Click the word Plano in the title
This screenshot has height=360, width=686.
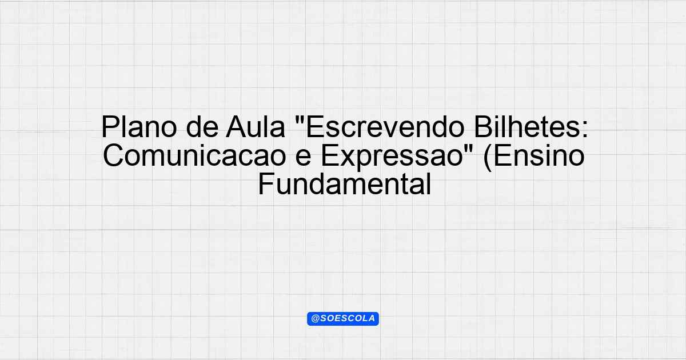pyautogui.click(x=139, y=127)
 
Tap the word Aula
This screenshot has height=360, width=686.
pyautogui.click(x=256, y=127)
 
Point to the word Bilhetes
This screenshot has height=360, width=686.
pyautogui.click(x=527, y=127)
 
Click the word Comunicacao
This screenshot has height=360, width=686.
pyautogui.click(x=194, y=155)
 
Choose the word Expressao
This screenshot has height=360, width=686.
pyautogui.click(x=392, y=157)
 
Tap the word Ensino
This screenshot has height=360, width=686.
pyautogui.click(x=539, y=155)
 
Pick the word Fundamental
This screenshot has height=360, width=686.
pyautogui.click(x=345, y=184)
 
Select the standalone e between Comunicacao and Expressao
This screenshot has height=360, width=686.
pyautogui.click(x=304, y=158)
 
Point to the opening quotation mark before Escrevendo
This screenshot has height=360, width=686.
pyautogui.click(x=299, y=120)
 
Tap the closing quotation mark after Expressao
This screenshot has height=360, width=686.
pyautogui.click(x=469, y=149)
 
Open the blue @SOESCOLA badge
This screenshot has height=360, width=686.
pyautogui.click(x=343, y=319)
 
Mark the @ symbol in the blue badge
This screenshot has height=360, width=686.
pyautogui.click(x=316, y=319)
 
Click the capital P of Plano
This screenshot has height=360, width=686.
pyautogui.click(x=109, y=127)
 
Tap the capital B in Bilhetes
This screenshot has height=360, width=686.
pyautogui.click(x=482, y=127)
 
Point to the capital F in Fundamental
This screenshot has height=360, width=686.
pyautogui.click(x=266, y=184)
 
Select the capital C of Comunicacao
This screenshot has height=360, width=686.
pyautogui.click(x=113, y=155)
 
